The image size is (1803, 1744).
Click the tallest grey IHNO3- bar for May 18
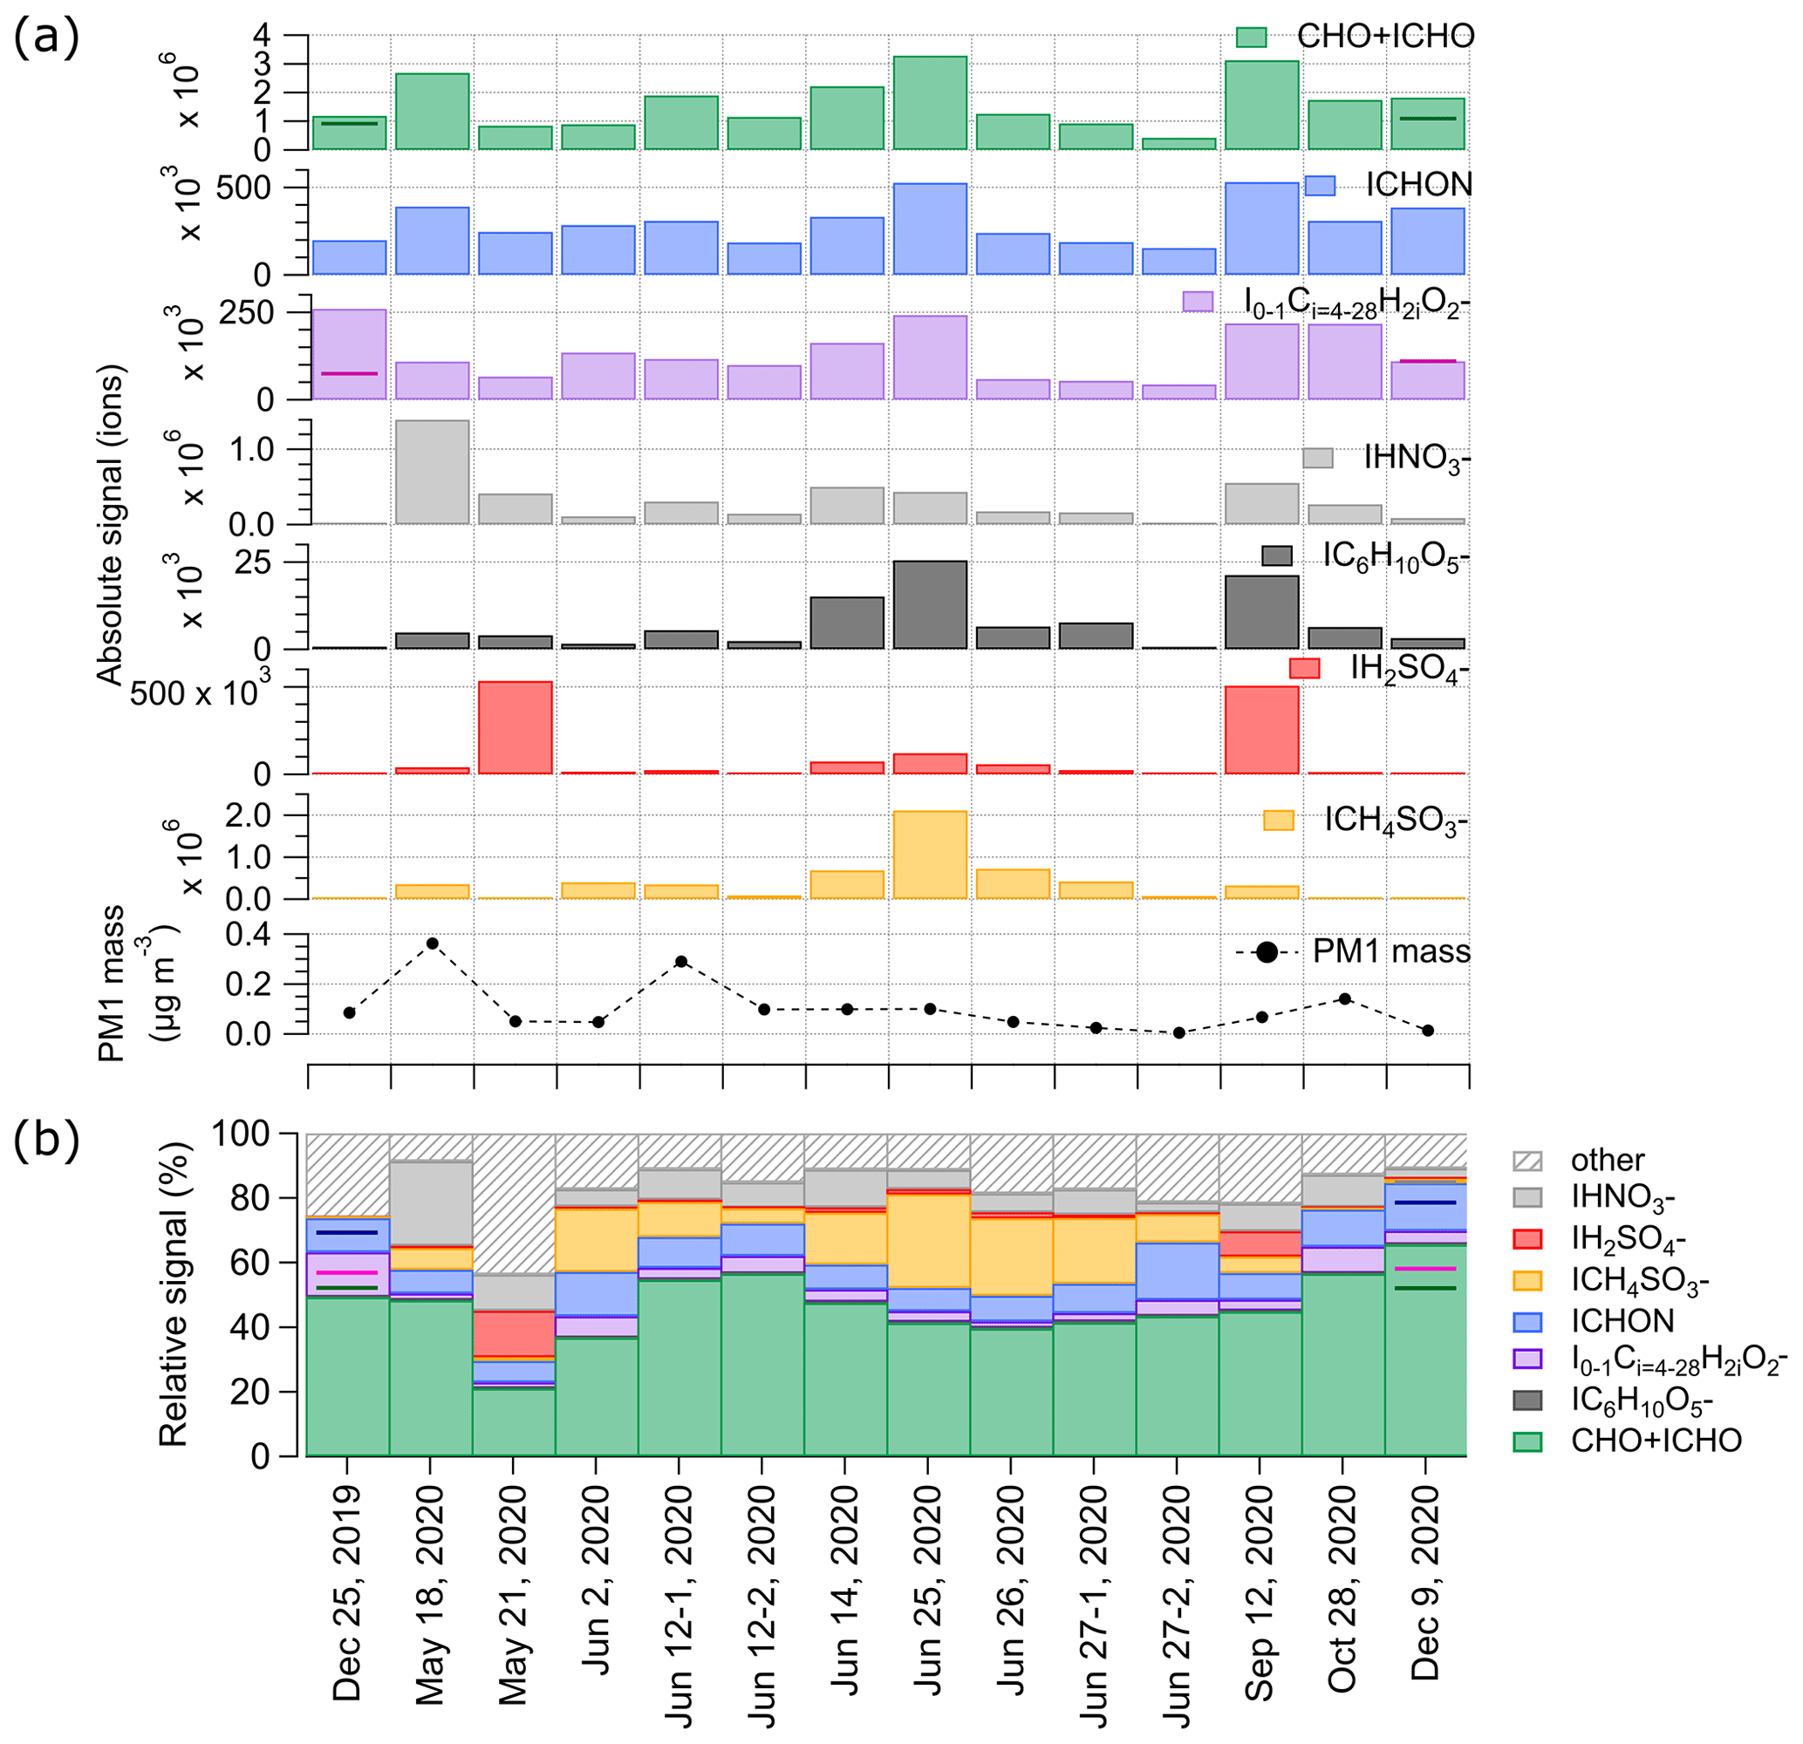432,473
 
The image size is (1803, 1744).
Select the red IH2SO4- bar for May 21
516,727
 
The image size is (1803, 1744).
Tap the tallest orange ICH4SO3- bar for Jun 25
929,855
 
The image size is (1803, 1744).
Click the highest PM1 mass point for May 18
433,943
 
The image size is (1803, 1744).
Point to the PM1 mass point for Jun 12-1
680,961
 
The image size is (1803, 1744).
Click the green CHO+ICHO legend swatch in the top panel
1251,37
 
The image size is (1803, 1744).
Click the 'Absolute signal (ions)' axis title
111,526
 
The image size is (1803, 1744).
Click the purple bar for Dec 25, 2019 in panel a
350,354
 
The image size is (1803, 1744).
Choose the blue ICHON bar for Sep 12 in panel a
1261,228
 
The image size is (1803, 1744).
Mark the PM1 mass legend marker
1266,953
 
